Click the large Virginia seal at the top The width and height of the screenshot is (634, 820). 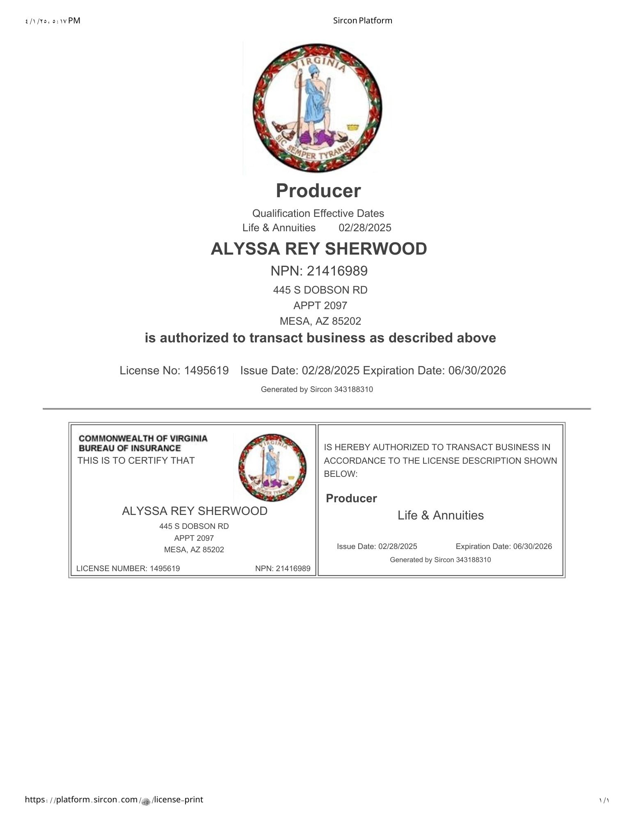(317, 107)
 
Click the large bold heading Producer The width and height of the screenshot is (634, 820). (318, 191)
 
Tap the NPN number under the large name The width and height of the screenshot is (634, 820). (319, 271)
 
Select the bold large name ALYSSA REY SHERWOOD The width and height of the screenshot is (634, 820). (319, 249)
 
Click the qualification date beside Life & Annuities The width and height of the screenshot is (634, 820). (365, 228)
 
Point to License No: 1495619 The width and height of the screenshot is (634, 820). (174, 371)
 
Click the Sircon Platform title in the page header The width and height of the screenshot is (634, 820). (362, 20)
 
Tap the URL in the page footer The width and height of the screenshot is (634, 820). (114, 799)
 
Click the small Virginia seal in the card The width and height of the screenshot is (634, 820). (272, 468)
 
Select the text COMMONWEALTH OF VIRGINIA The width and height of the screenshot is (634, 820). (143, 438)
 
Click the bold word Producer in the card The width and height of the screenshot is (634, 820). (351, 499)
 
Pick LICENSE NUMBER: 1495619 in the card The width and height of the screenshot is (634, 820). (128, 568)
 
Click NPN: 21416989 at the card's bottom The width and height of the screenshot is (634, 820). (283, 568)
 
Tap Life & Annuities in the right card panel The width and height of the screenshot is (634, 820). (440, 515)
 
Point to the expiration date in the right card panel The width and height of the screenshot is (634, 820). (504, 546)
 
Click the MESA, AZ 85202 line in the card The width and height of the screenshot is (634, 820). (194, 549)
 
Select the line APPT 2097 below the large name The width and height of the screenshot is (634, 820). (320, 305)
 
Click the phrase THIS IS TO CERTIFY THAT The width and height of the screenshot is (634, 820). (136, 460)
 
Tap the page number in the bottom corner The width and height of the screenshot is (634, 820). (604, 800)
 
